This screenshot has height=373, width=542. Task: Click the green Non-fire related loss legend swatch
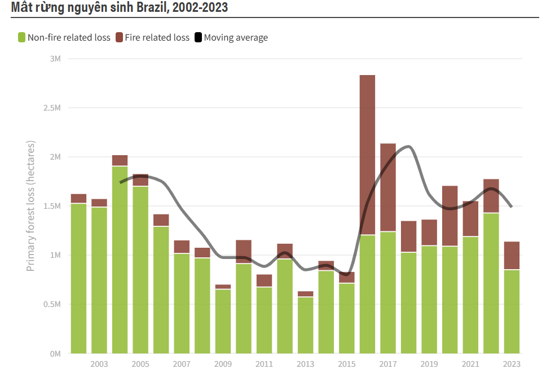coord(22,38)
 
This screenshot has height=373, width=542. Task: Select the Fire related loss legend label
coord(157,38)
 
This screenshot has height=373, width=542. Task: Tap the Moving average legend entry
coord(236,38)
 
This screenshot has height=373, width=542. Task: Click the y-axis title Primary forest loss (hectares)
coord(31,205)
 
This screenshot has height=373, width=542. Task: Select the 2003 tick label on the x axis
coord(99,364)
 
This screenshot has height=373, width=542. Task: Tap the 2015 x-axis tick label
coord(347,364)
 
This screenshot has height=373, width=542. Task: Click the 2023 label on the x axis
coord(512,364)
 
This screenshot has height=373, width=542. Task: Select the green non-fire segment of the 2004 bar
coord(120,260)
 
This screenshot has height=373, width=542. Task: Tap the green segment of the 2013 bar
coord(306,325)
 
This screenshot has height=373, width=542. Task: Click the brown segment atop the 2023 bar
coord(512,256)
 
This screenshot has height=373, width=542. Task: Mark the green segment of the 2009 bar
coord(223,321)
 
